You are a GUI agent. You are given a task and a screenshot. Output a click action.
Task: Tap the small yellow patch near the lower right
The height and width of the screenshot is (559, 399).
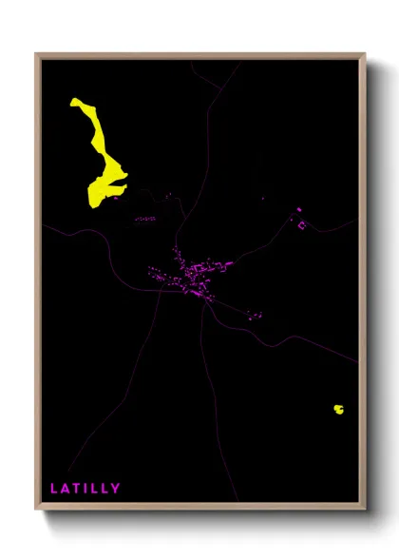(338, 410)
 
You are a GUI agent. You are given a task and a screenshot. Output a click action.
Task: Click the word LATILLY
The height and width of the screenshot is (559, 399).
(85, 489)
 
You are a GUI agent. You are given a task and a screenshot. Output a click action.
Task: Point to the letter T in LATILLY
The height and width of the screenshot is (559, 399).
(80, 489)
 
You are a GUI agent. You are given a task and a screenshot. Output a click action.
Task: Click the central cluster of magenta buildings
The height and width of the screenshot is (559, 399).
(190, 276)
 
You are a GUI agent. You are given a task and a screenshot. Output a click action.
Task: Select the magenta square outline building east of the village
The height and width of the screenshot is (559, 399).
(302, 225)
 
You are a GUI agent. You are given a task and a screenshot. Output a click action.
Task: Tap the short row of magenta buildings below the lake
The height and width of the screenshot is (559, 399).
(145, 220)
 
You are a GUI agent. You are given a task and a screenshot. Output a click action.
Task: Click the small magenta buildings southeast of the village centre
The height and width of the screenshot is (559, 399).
(253, 314)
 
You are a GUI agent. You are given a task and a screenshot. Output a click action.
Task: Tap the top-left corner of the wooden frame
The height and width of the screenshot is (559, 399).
(37, 54)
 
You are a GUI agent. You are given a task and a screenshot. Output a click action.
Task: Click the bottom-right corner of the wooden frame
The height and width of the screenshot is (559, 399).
(364, 509)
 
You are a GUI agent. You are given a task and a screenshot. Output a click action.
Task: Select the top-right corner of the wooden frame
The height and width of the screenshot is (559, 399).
(364, 54)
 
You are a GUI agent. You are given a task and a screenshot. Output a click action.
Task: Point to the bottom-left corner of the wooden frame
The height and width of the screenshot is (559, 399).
(37, 509)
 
